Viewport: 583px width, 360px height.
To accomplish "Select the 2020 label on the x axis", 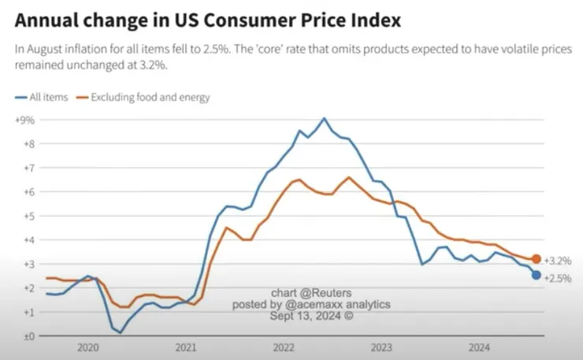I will coord(87,347).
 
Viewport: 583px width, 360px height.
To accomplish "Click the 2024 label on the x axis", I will coord(478,347).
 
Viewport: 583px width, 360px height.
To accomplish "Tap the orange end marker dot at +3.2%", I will coord(537,259).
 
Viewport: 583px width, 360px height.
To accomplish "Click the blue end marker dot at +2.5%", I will coord(537,275).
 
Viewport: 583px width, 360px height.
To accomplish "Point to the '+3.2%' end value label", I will coord(558,260).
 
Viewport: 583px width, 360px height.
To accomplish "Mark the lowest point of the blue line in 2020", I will coord(121,332).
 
